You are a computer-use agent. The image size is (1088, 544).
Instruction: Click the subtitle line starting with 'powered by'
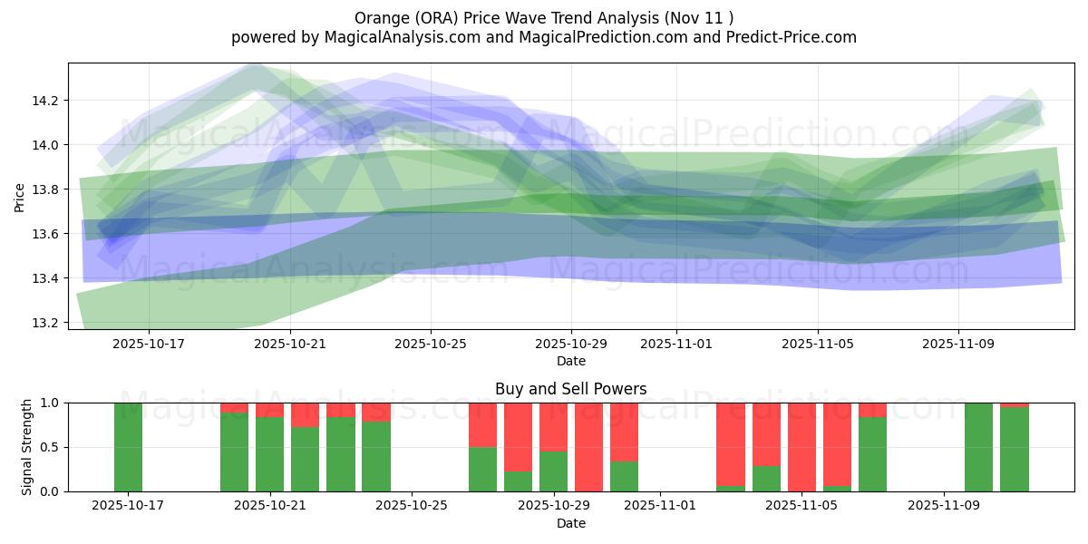coord(544,37)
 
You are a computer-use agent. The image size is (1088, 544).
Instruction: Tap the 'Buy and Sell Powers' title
coord(571,389)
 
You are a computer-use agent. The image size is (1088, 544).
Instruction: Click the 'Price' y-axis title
coord(20,196)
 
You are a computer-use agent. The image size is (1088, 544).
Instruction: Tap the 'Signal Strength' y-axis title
coord(27,447)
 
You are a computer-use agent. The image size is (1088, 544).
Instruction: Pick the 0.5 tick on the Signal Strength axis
coord(50,447)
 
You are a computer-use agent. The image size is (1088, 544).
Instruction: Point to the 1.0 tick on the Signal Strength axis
coord(50,403)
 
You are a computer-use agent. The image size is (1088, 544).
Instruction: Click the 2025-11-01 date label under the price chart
coord(675,345)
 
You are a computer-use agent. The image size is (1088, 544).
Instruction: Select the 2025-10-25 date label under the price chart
coord(431,345)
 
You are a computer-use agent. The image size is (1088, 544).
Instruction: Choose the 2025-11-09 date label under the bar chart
coord(944,506)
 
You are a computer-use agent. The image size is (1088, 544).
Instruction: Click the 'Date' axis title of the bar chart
coord(571,523)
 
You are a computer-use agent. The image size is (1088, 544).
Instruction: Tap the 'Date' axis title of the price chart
coord(571,361)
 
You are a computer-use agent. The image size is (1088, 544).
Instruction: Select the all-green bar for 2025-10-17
coord(128,447)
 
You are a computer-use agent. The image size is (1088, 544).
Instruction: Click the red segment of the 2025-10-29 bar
coord(553,426)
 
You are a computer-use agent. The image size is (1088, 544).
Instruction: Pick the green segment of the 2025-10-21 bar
coord(269,453)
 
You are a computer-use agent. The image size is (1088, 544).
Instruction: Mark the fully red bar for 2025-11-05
coord(801,447)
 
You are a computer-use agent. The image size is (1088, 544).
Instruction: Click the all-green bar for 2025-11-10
coord(979,447)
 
